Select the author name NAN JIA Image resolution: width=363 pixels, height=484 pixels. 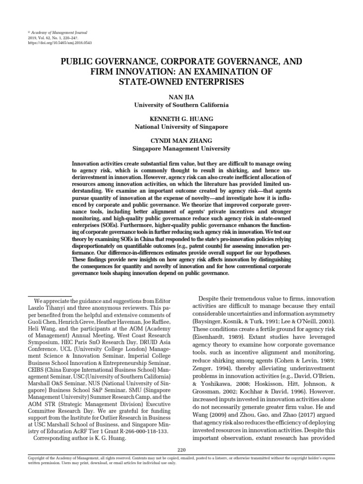(181, 96)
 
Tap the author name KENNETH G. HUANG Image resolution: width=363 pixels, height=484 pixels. (181, 119)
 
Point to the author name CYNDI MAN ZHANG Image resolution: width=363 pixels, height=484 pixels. (181, 141)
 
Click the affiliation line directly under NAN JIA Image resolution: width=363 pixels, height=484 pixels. (181, 104)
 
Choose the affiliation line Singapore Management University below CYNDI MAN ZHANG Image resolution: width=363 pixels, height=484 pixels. (181, 148)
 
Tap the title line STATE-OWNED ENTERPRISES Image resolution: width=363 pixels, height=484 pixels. (181, 81)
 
